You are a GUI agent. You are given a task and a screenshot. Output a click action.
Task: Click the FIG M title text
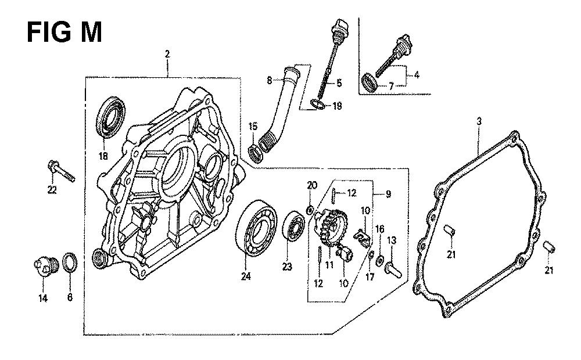tap(64, 32)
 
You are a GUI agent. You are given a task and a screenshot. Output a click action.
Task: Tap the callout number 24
tap(246, 276)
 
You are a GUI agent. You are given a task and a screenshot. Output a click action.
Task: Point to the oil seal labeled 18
tap(111, 117)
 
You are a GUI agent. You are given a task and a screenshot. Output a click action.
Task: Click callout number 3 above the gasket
tap(479, 121)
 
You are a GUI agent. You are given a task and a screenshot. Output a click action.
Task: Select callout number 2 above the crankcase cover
tap(167, 54)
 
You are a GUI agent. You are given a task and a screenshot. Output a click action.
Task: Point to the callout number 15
tap(253, 127)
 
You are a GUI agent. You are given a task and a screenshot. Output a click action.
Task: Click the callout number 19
tap(337, 106)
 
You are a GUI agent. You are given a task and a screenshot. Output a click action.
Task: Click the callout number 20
tap(313, 185)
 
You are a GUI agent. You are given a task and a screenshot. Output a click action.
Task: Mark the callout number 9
tap(388, 194)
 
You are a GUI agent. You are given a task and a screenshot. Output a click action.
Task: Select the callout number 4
tap(416, 75)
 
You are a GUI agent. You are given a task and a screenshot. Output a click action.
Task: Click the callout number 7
tap(390, 87)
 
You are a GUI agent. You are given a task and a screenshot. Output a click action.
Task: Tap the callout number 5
tap(339, 83)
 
